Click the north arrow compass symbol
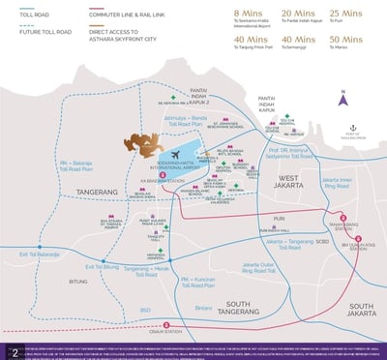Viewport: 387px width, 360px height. pyautogui.click(x=342, y=97)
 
